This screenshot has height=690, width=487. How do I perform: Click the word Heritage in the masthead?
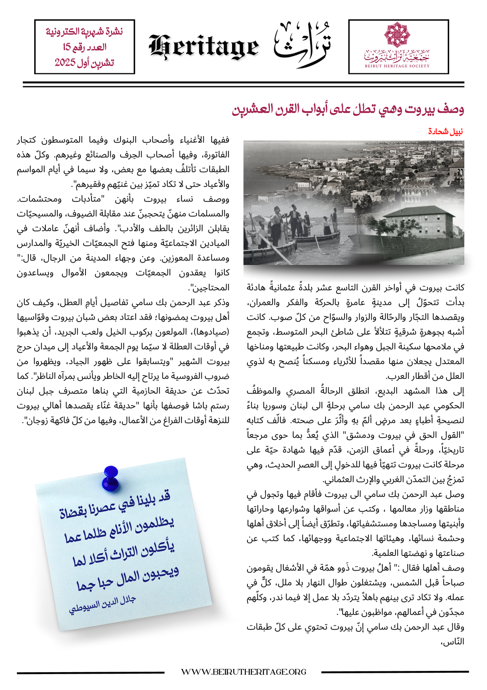(x=204, y=47)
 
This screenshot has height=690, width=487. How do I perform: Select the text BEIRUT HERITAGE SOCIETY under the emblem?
(x=397, y=66)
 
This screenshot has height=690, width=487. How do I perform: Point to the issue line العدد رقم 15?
(x=85, y=47)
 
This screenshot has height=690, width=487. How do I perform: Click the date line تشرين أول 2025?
(x=84, y=62)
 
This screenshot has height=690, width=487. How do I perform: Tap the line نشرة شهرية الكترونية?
(x=85, y=31)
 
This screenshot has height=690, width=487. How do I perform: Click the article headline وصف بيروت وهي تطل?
(x=348, y=109)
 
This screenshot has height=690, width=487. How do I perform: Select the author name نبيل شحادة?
(x=445, y=131)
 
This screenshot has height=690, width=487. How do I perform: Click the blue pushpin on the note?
(x=110, y=477)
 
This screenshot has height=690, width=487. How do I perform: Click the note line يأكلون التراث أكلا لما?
(x=124, y=554)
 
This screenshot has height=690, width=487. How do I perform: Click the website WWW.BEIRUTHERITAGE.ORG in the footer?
(x=243, y=672)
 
